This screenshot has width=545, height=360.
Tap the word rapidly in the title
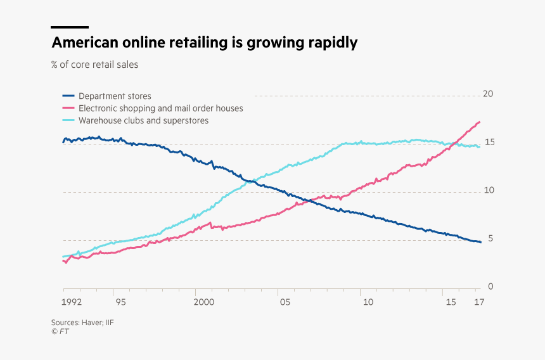click(329, 44)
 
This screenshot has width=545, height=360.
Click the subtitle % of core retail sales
click(95, 64)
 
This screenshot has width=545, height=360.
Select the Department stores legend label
click(115, 96)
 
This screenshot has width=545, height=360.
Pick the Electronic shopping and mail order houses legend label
click(160, 108)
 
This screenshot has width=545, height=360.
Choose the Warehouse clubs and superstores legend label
click(143, 120)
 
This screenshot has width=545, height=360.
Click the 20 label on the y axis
click(487, 94)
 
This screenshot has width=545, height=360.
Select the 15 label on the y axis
click(487, 143)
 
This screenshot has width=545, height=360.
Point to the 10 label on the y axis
click(487, 191)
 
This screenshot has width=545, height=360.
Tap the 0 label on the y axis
click(490, 287)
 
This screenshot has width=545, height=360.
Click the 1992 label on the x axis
click(72, 302)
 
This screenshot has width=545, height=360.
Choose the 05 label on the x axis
click(285, 302)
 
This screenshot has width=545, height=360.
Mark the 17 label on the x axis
click(479, 302)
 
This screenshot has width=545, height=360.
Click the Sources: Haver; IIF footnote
click(82, 322)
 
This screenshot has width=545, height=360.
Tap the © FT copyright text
click(60, 331)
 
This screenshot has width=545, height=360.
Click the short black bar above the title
click(70, 27)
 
